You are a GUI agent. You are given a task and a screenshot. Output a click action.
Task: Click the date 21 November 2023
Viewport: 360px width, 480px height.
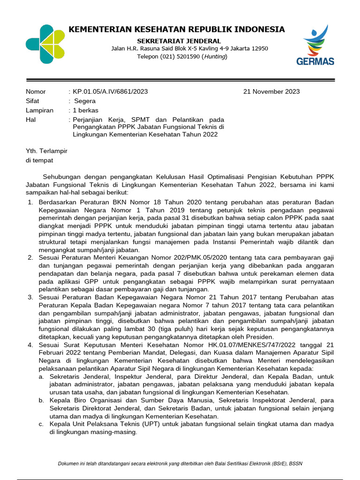click(x=271, y=91)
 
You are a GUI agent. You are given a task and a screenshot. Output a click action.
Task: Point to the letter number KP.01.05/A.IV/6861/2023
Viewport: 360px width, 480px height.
click(x=110, y=91)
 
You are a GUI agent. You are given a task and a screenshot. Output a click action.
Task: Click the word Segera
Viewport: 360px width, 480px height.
click(x=84, y=101)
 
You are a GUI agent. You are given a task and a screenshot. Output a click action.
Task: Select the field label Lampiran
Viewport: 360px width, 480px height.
click(x=39, y=110)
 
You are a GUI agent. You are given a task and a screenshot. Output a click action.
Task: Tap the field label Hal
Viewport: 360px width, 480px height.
click(x=31, y=120)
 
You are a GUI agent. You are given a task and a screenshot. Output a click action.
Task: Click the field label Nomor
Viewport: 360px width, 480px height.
click(x=36, y=91)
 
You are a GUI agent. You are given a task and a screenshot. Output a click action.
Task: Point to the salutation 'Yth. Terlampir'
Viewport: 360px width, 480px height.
click(x=46, y=151)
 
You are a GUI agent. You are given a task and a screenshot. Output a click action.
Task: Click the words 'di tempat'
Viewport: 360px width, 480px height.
click(x=39, y=160)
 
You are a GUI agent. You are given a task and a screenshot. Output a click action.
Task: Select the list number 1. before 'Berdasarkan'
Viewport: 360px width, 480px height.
click(x=30, y=202)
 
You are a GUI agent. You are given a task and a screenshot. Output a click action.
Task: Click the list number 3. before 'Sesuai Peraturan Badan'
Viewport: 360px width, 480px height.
click(x=30, y=297)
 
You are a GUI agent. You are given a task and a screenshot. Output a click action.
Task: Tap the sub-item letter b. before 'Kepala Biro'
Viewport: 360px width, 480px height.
click(x=41, y=400)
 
